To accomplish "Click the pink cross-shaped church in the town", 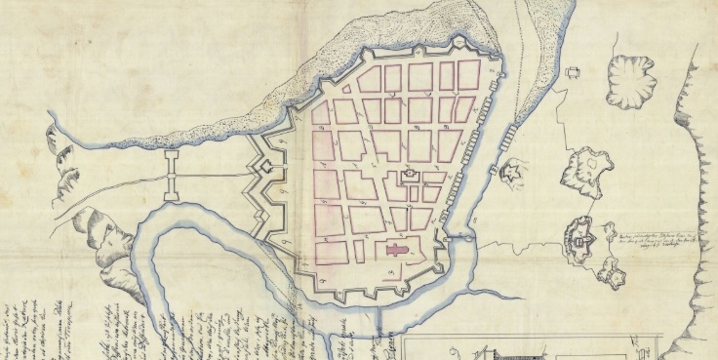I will pos(393,252).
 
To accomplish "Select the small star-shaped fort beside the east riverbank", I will pos(510,173).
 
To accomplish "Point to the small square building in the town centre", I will pos(410,175).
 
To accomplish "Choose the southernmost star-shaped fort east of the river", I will pos(612,275).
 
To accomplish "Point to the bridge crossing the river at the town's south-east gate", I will pos(459,237).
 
